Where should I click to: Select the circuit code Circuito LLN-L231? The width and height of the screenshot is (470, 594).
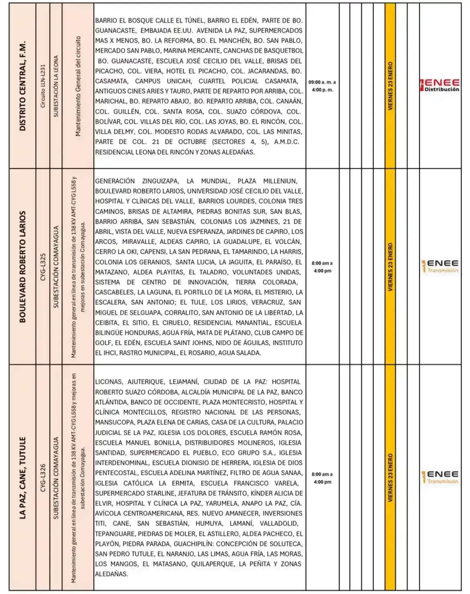(43, 86)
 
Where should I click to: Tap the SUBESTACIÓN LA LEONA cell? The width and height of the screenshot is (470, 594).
(56, 86)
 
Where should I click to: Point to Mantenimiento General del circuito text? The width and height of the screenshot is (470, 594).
(78, 86)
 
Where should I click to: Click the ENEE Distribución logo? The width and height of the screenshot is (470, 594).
(440, 85)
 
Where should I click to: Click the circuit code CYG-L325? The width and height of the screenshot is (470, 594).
(43, 266)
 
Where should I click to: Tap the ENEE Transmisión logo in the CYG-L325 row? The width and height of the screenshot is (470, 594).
(440, 266)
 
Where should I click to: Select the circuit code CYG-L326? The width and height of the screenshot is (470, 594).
(43, 478)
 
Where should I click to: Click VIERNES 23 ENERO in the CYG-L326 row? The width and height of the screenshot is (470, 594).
(390, 478)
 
